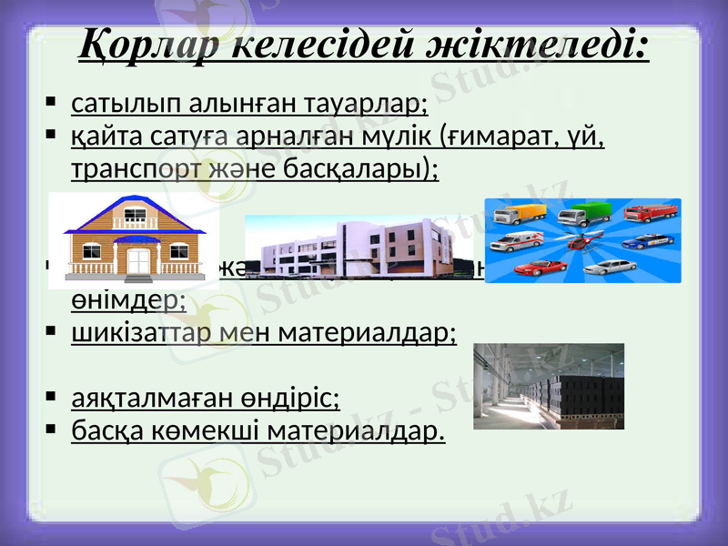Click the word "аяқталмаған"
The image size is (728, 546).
(136, 397)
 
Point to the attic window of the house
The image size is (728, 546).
(135, 217)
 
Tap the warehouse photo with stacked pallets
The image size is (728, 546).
(548, 386)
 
